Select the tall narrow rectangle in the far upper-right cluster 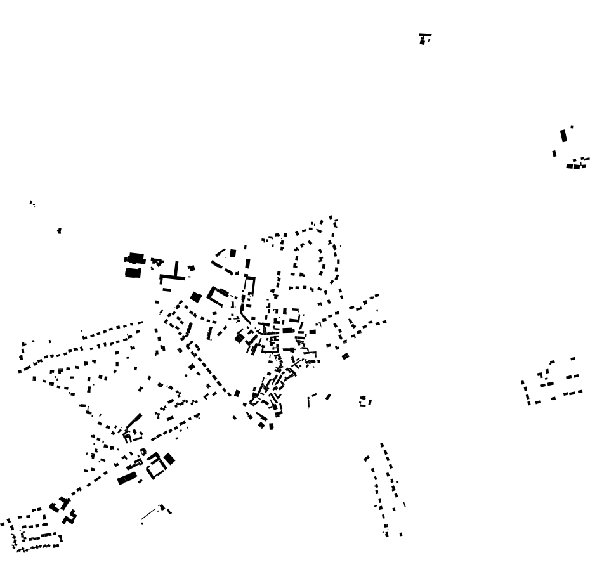click(x=563, y=136)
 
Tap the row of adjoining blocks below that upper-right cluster click(x=575, y=166)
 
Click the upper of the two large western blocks click(x=135, y=259)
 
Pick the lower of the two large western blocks click(x=133, y=273)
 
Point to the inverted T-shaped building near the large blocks click(x=174, y=274)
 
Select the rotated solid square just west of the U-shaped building click(x=195, y=296)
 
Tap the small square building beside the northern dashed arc click(x=233, y=253)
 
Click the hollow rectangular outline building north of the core click(x=249, y=286)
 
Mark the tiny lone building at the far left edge click(x=59, y=231)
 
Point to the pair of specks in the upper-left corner click(x=32, y=204)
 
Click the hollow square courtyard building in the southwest click(x=156, y=468)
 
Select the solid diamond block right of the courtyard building click(x=169, y=459)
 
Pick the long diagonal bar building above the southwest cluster click(x=133, y=422)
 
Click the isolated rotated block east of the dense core click(x=345, y=356)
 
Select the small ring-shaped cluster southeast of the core click(x=365, y=401)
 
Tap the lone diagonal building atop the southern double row click(x=367, y=458)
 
